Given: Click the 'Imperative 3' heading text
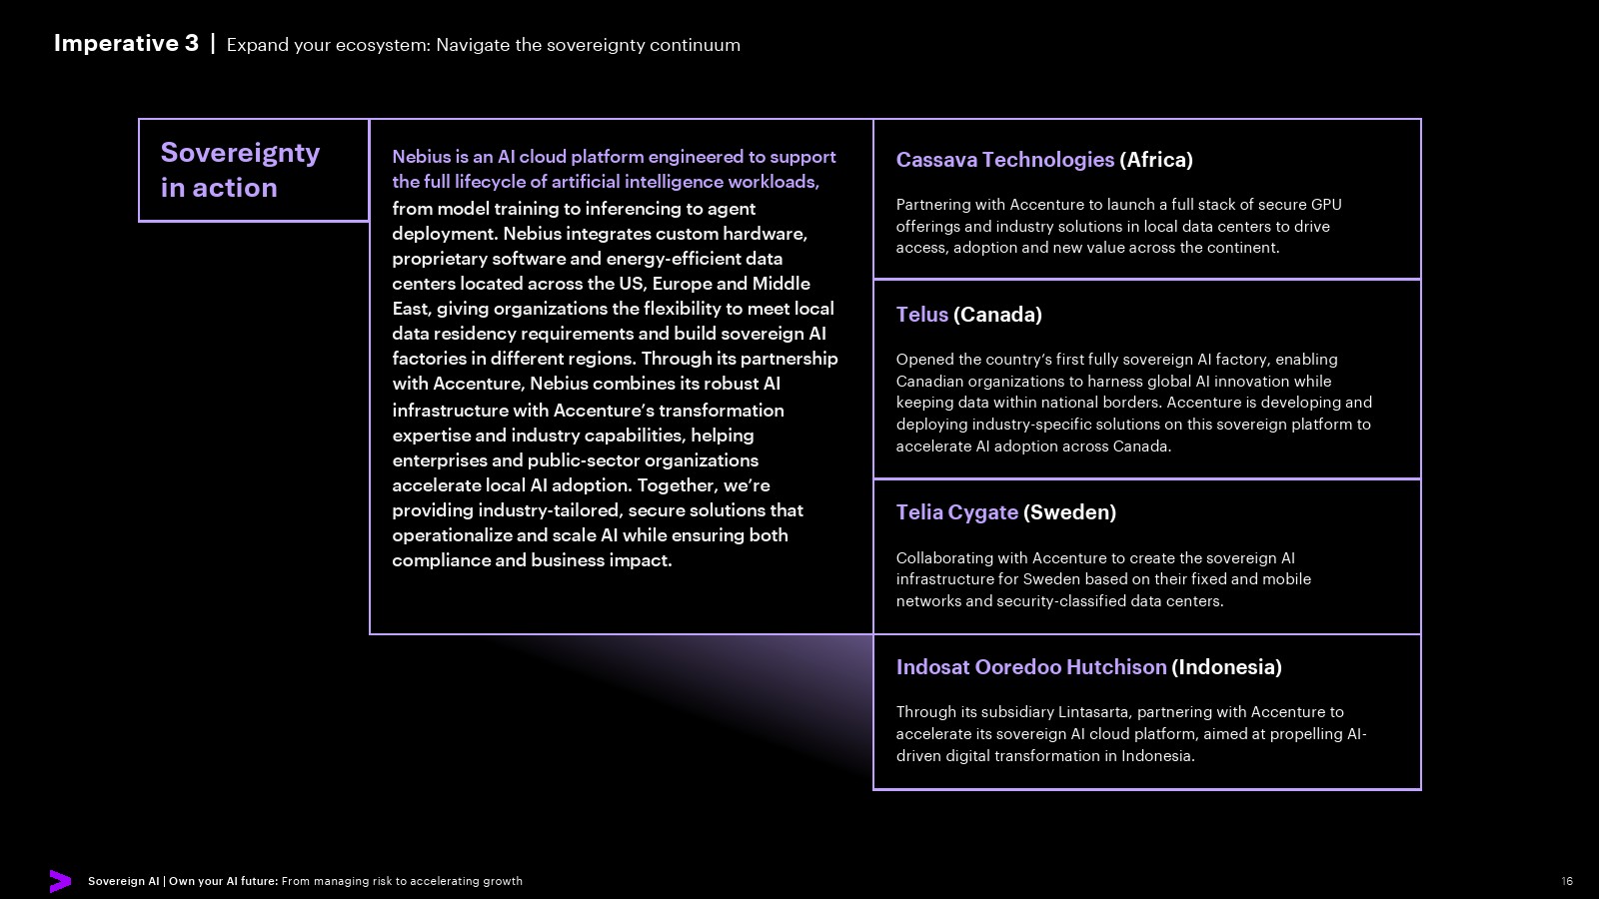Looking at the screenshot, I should pyautogui.click(x=126, y=43).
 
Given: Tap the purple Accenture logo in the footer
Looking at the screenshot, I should pyautogui.click(x=60, y=881).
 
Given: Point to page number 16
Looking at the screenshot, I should pyautogui.click(x=1567, y=881).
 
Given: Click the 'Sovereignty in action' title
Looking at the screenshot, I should pyautogui.click(x=240, y=170).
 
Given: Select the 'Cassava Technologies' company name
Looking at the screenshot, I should pyautogui.click(x=1004, y=160).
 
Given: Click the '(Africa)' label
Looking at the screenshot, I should pyautogui.click(x=1156, y=160).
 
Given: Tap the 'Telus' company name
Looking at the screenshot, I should pyautogui.click(x=921, y=315).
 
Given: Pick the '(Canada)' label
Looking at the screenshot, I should pyautogui.click(x=997, y=315).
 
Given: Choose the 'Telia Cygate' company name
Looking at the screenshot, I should pyautogui.click(x=956, y=512).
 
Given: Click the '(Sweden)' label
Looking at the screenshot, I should pyautogui.click(x=1069, y=512).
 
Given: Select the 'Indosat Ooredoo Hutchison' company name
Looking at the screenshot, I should pyautogui.click(x=1030, y=667).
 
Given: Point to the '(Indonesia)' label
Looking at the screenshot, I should pyautogui.click(x=1226, y=667).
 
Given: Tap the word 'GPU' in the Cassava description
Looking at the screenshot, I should pyautogui.click(x=1326, y=205).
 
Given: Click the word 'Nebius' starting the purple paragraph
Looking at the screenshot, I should pyautogui.click(x=421, y=157).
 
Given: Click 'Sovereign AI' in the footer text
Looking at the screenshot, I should pyautogui.click(x=123, y=881).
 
